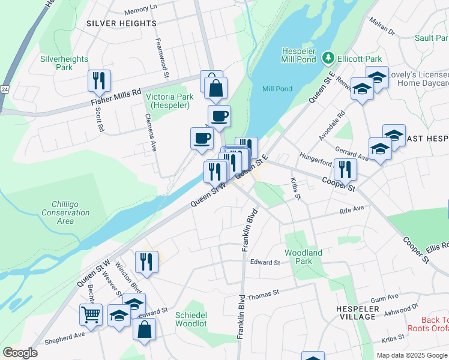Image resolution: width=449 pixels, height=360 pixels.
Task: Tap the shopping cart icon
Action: [91, 314]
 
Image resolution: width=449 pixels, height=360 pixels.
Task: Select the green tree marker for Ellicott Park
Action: [328, 59]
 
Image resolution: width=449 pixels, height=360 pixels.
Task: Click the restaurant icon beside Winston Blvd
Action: [146, 261]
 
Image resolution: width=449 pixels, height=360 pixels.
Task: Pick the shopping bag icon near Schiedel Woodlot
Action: [144, 329]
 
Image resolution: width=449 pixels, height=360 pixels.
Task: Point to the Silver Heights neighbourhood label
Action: [121, 23]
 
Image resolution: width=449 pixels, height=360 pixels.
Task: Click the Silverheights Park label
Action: [64, 63]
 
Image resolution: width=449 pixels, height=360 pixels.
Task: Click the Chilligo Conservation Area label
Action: [65, 213]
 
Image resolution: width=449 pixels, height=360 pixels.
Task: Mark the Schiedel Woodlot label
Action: [191, 319]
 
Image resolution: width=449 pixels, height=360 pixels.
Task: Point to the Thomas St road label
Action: [264, 294]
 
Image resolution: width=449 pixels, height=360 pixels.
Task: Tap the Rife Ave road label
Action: [352, 210]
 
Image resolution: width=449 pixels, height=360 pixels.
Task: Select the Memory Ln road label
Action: [140, 11]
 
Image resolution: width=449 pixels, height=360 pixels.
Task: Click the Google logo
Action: [20, 353]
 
